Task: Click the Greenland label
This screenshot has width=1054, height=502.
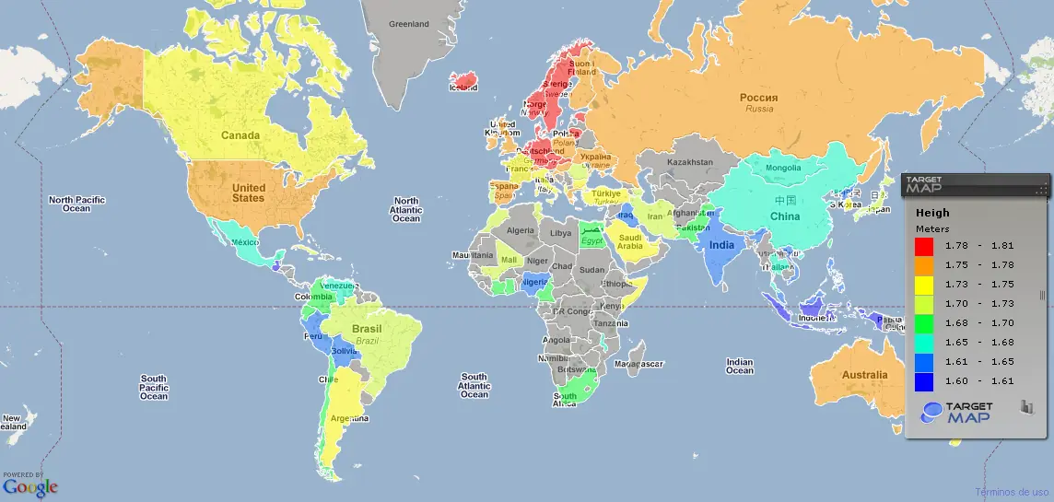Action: click(409, 24)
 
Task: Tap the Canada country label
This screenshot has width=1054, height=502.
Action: click(240, 135)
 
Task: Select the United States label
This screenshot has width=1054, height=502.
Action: click(248, 193)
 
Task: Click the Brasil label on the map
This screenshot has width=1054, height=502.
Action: click(368, 329)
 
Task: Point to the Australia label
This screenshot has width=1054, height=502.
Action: click(864, 375)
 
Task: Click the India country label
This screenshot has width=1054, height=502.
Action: click(721, 245)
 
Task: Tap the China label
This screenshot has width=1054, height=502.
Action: click(785, 216)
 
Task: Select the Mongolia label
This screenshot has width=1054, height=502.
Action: click(783, 168)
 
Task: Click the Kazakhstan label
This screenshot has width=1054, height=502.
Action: click(689, 162)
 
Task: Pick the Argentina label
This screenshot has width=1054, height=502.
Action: click(349, 419)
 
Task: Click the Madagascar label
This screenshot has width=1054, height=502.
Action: click(638, 365)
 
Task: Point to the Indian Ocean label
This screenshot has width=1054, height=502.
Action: click(740, 366)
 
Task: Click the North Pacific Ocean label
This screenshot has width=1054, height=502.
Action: click(77, 204)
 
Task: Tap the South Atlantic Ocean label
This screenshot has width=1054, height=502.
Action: click(474, 385)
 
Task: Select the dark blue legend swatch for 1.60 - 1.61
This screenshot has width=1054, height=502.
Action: click(924, 379)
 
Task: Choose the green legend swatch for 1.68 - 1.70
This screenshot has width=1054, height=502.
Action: click(924, 322)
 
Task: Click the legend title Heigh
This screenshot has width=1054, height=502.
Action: click(931, 213)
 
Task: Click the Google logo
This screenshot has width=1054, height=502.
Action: click(29, 486)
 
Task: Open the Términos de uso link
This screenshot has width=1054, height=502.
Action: click(1012, 492)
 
